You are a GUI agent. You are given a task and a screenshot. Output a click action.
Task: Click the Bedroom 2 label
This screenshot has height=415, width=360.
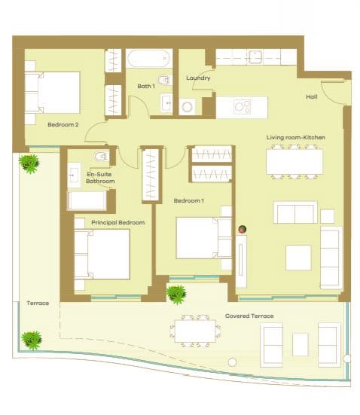[63, 124]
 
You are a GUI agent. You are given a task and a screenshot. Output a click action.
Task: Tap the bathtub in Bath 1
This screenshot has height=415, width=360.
[148, 60]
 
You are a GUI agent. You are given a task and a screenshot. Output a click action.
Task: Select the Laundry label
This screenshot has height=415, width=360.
[198, 78]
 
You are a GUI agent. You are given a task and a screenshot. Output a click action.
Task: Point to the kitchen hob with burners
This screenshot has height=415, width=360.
[242, 107]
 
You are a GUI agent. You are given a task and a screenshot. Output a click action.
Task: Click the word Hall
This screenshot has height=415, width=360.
[311, 97]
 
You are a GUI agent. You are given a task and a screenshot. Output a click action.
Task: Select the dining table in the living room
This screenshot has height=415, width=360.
[294, 161]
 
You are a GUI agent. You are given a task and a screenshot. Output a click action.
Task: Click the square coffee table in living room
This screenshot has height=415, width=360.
[298, 258]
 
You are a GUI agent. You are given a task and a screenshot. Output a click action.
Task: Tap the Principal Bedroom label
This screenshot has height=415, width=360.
[117, 223]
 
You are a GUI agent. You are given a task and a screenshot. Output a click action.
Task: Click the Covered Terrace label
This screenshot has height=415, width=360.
[249, 316]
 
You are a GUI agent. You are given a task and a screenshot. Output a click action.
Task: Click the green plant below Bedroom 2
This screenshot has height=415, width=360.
[29, 162]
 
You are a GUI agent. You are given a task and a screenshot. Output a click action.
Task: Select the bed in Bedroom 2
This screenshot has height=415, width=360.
[53, 93]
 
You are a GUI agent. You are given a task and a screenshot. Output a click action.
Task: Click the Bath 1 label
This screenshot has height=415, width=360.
[145, 87]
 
